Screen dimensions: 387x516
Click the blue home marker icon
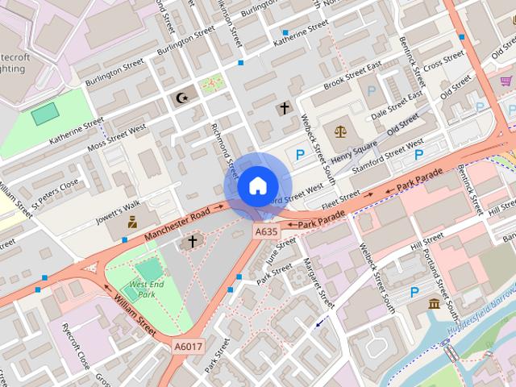pos(257,186)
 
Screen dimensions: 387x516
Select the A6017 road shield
pos(189,347)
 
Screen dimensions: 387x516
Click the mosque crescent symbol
pos(182,98)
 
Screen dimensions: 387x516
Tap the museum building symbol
pos(435,304)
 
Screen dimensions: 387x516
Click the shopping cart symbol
pos(506,81)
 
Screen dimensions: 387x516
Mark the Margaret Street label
pos(318,282)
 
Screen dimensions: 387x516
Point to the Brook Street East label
pos(352,77)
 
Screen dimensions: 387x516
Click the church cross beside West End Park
pos(193,241)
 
